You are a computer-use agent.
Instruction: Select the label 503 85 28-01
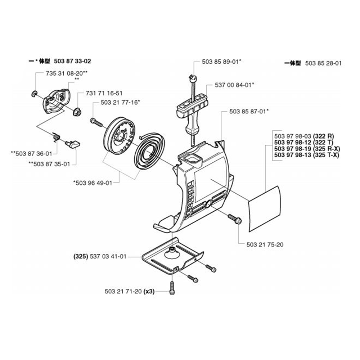pyautogui.click(x=323, y=63)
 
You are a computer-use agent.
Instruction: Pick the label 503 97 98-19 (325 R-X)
pyautogui.click(x=307, y=149)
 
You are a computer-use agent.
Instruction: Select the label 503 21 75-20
pyautogui.click(x=265, y=244)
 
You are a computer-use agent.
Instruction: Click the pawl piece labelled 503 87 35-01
pyautogui.click(x=74, y=144)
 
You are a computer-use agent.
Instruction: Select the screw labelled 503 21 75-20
pyautogui.click(x=235, y=219)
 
